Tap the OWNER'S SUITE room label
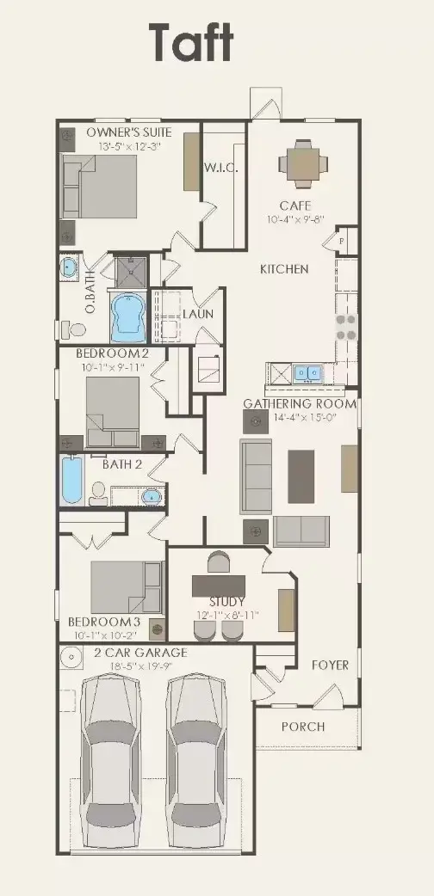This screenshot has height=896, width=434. coord(129,132)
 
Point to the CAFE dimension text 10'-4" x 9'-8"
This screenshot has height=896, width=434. coord(294,220)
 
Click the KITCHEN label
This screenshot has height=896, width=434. coord(284,269)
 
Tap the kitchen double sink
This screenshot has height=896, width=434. coord(306,373)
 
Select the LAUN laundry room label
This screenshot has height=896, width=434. coord(196,314)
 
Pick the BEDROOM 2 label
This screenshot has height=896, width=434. coord(112,353)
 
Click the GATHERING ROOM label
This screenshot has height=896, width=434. coord(300,403)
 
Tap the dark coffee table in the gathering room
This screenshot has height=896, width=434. coord(301,476)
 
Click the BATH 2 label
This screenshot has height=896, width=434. coord(122,464)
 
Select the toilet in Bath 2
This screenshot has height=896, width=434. coord(97,493)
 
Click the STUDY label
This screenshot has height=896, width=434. coord(227,601)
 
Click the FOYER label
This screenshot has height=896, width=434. coord(330,665)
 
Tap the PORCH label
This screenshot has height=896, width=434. coord(303,727)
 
